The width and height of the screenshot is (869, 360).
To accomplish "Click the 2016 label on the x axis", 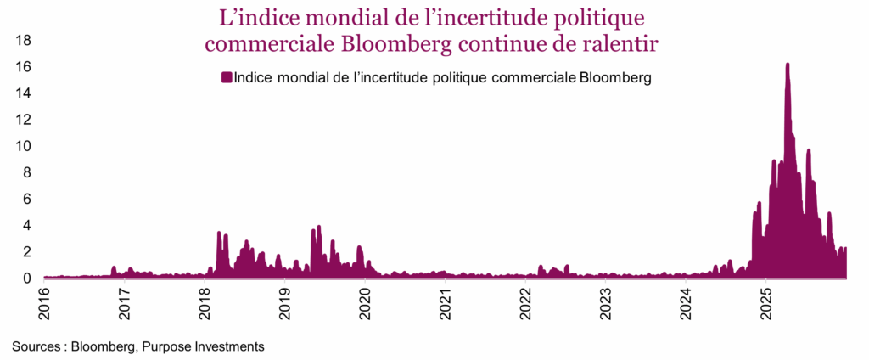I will [43, 301].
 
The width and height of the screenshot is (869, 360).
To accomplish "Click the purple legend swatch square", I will [226, 78].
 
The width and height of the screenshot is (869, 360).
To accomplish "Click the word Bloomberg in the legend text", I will [615, 78].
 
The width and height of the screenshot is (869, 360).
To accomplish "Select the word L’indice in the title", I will [254, 16].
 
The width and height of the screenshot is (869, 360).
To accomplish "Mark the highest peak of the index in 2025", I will [788, 64].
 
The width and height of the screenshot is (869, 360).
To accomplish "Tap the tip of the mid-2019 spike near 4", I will [318, 226].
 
